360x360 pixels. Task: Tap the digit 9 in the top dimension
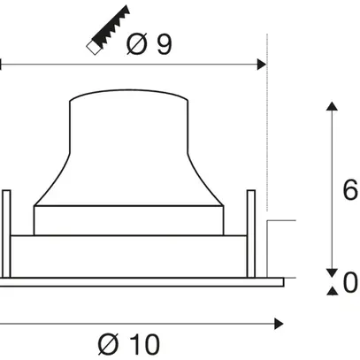(x=163, y=45)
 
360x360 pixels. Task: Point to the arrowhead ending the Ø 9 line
(x=261, y=65)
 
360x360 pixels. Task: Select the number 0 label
(x=349, y=283)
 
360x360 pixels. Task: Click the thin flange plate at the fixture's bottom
(x=142, y=283)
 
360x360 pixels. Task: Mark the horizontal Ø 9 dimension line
(x=133, y=65)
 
